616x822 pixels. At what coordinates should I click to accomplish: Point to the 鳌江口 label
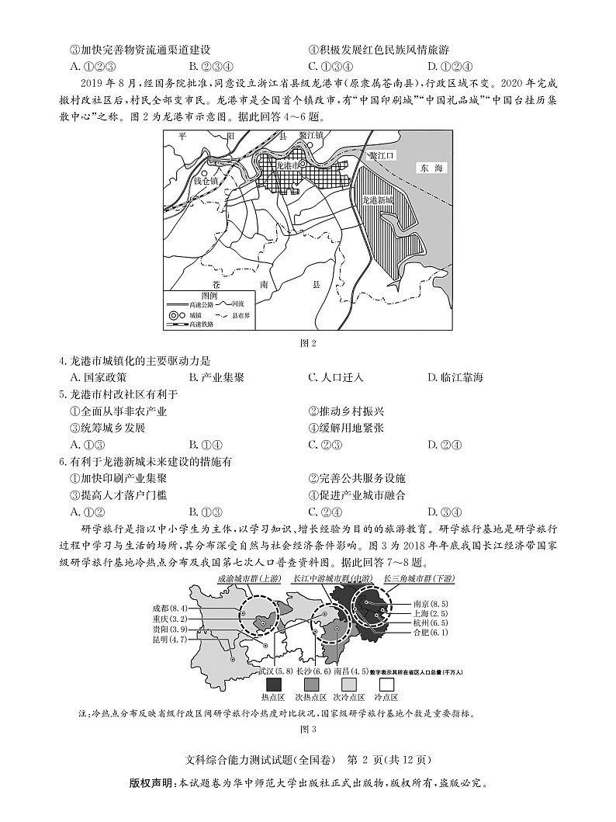[x=382, y=155]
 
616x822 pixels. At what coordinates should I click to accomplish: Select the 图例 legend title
[x=208, y=295]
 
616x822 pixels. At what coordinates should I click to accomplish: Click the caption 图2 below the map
[x=308, y=342]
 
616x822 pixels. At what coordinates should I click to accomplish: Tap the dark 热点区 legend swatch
[x=274, y=685]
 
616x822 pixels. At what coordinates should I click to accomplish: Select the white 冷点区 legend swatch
[x=386, y=685]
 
